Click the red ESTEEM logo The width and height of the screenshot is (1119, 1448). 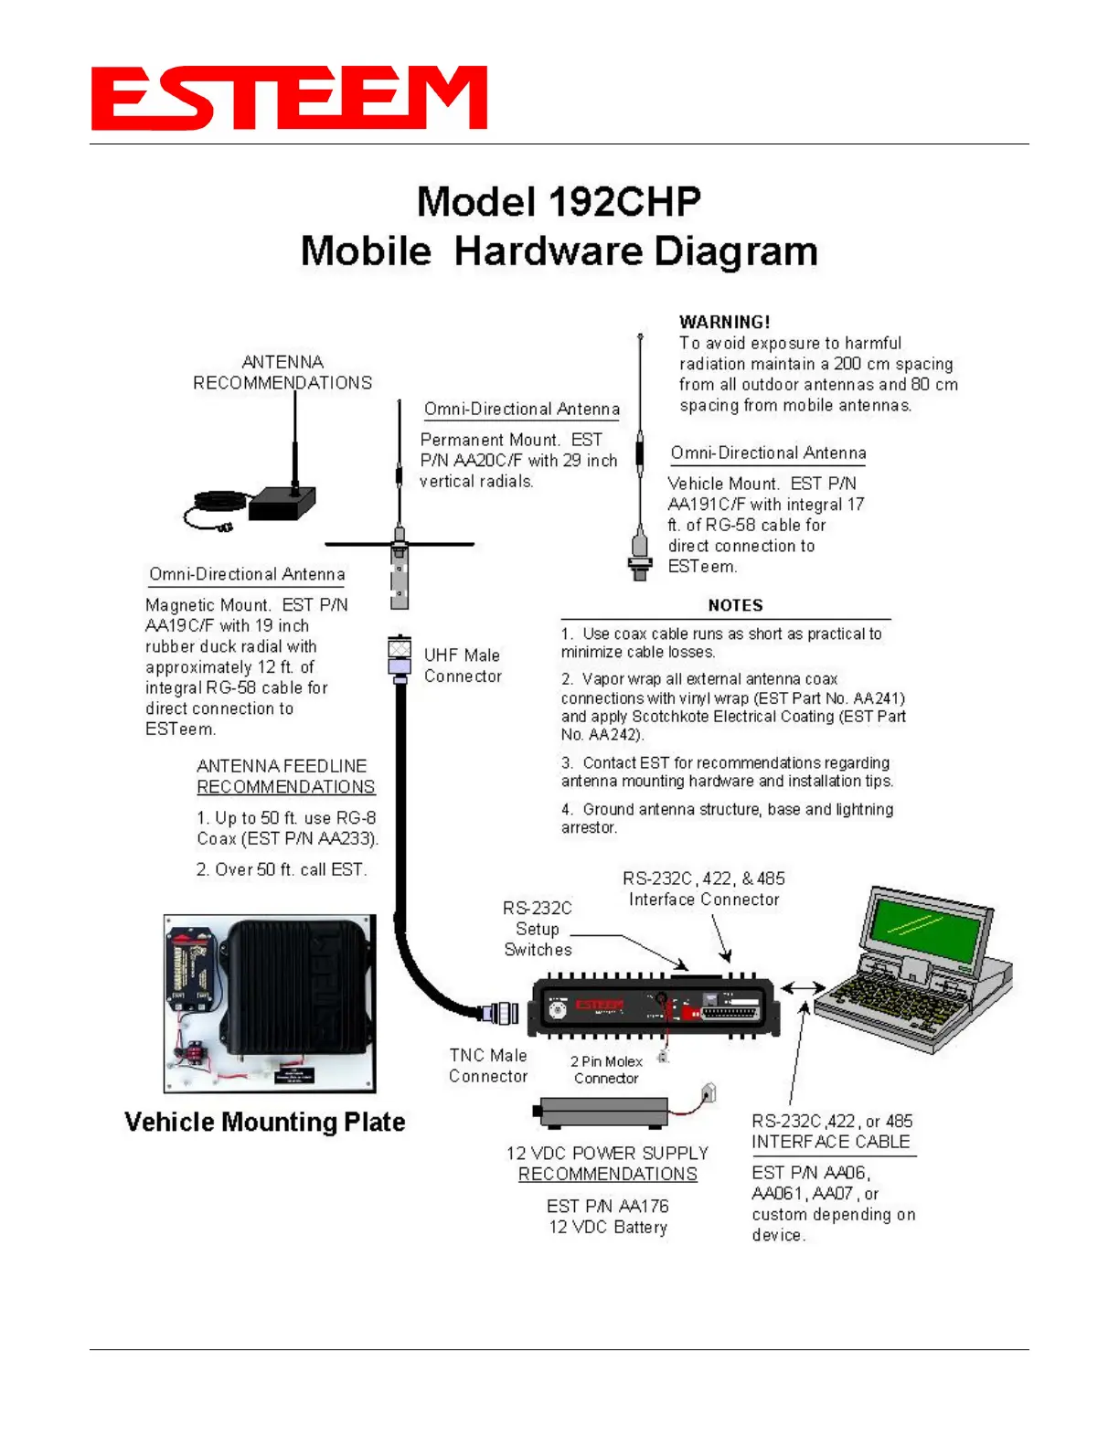[289, 98]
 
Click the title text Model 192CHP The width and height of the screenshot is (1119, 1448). [559, 202]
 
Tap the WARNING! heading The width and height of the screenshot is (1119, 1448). [724, 322]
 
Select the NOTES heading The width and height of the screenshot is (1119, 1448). [735, 605]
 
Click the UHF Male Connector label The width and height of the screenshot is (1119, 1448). [463, 665]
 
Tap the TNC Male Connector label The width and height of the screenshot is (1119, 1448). [488, 1066]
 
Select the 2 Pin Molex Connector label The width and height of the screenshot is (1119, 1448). [606, 1070]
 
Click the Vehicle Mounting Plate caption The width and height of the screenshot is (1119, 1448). [264, 1122]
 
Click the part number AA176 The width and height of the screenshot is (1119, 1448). [644, 1206]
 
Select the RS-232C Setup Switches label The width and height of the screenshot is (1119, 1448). [538, 929]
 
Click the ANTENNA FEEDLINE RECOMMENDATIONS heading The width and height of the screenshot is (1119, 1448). [285, 776]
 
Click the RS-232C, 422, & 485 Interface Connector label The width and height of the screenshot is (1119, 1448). [704, 889]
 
